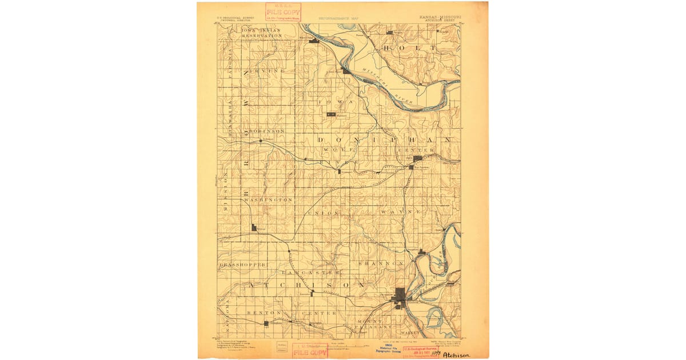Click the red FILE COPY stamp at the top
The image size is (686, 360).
point(283,12)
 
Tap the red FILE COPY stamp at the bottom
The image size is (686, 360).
point(309,350)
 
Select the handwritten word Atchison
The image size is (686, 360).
point(456,354)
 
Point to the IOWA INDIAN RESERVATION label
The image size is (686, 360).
point(262,33)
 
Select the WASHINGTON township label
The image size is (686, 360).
point(268,200)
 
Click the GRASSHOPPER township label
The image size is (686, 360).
point(242,265)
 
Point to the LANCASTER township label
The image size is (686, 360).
point(321,273)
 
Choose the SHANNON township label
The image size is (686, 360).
point(381,263)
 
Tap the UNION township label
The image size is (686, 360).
point(324,213)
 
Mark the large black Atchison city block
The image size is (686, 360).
point(401,295)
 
